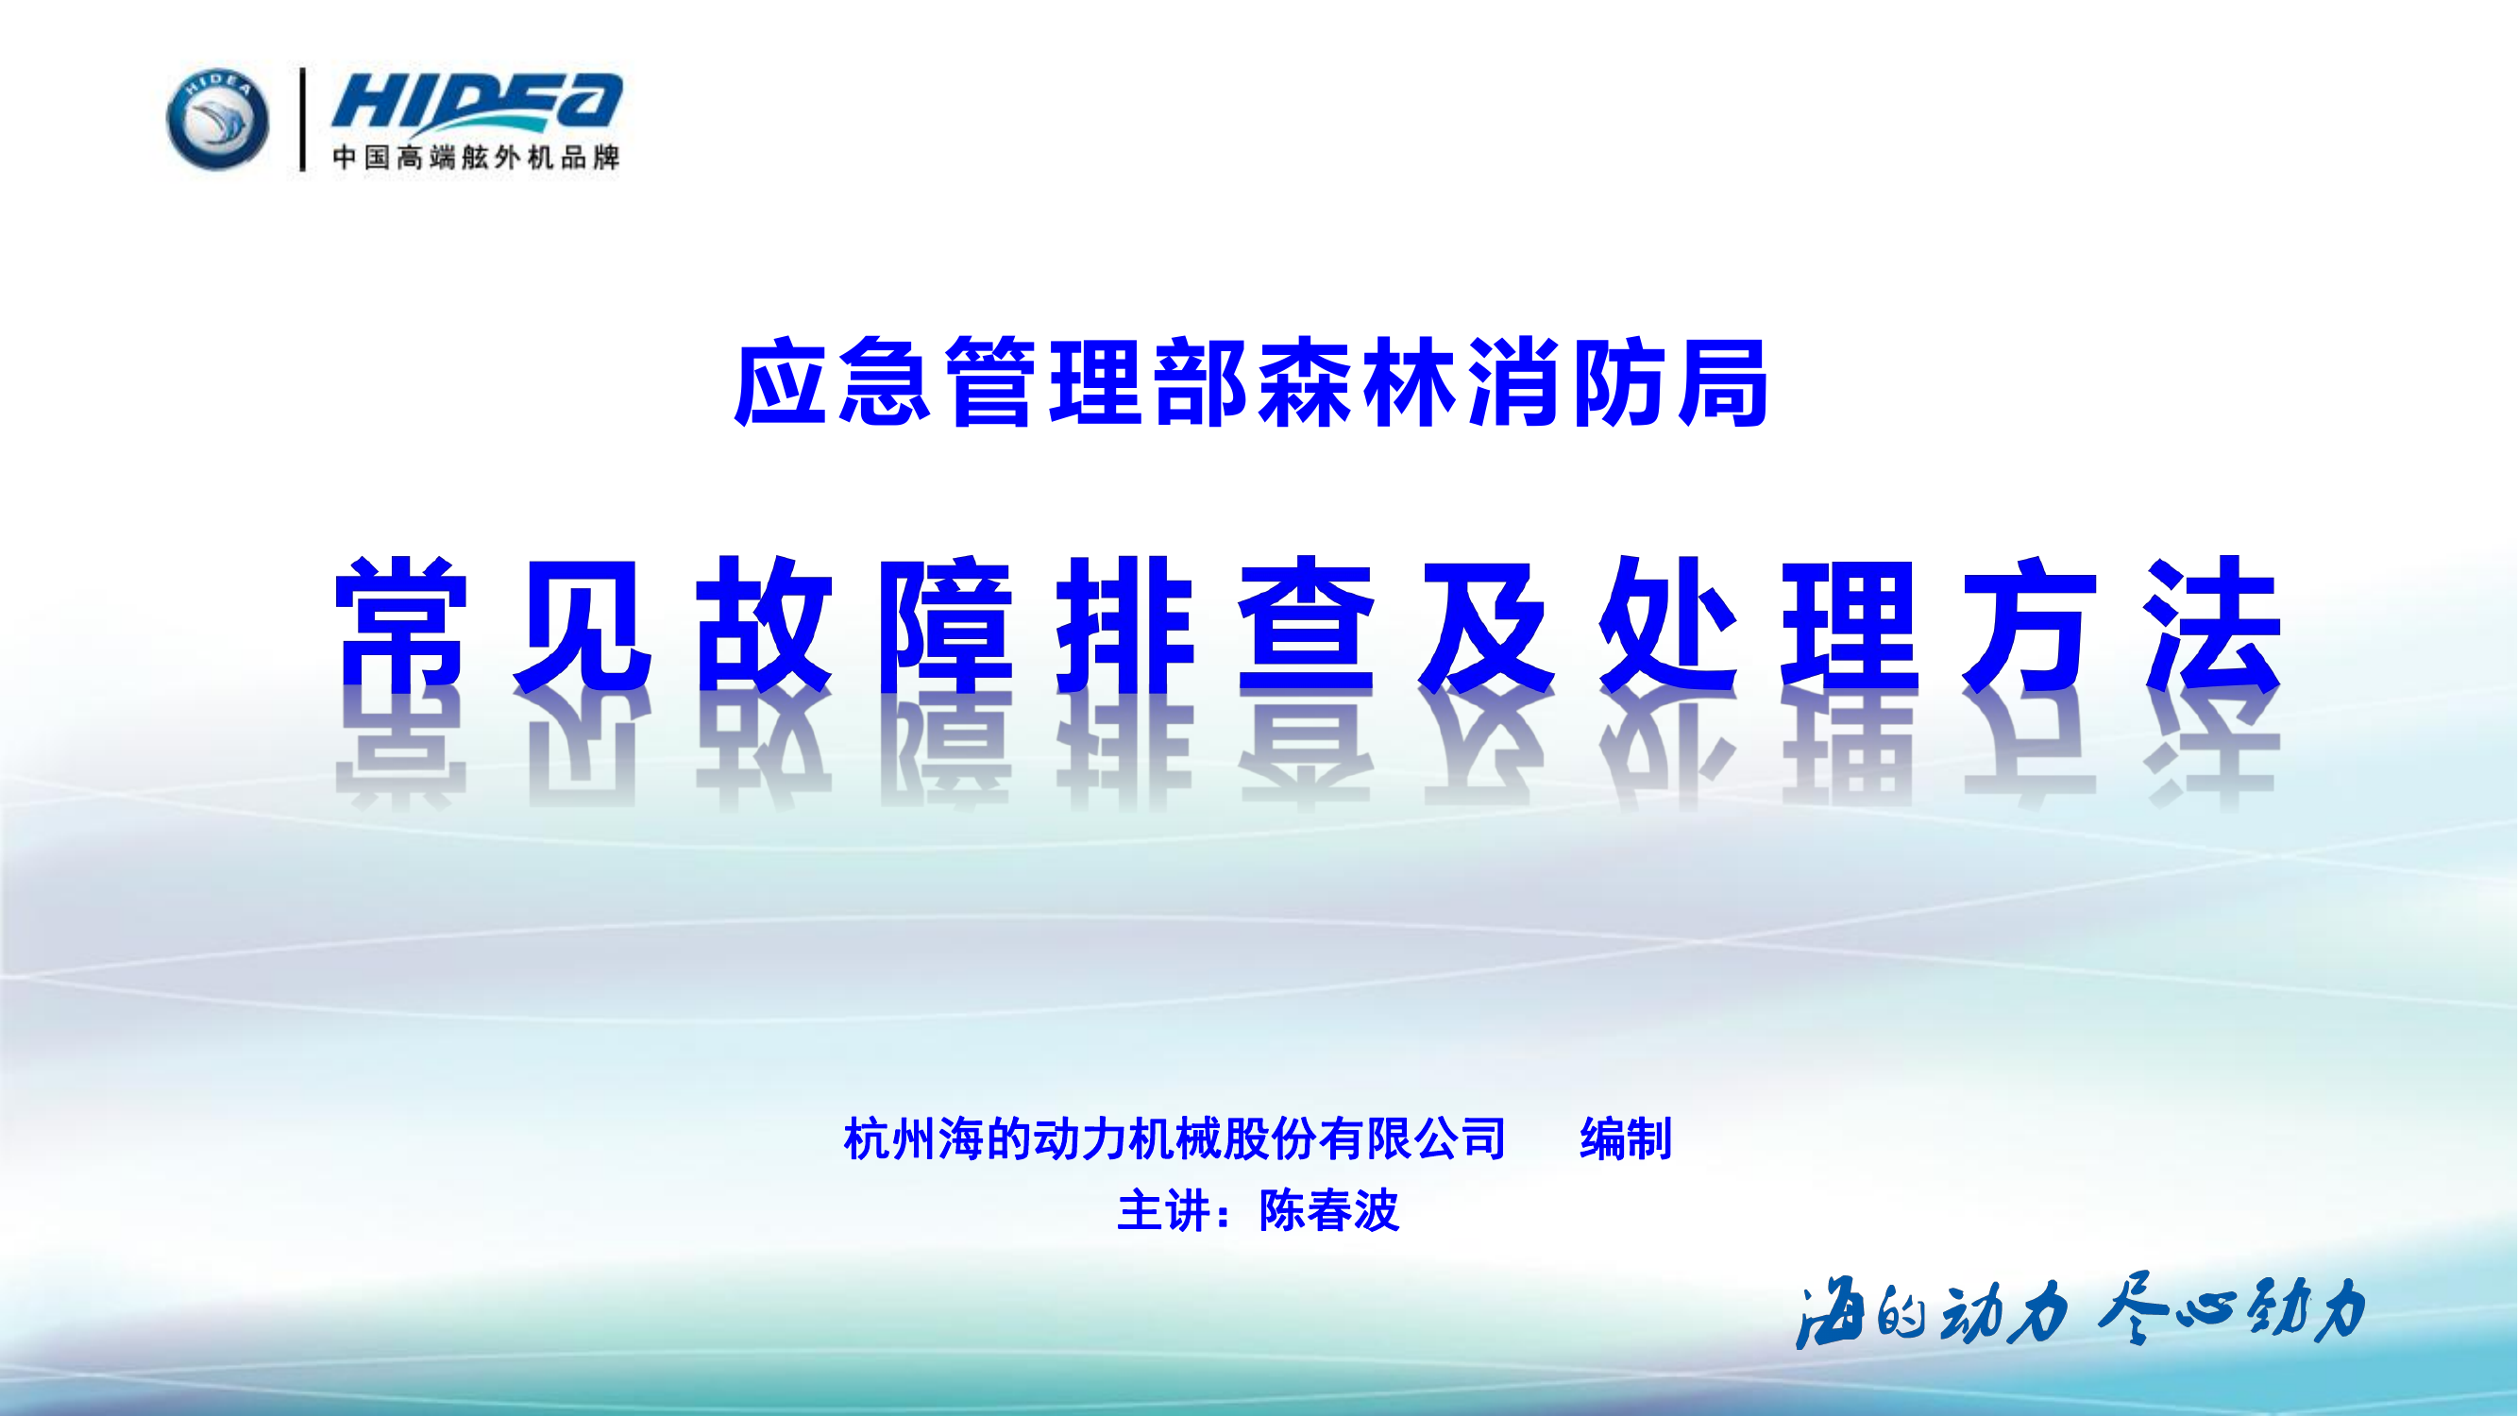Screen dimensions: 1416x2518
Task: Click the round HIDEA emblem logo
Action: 217,119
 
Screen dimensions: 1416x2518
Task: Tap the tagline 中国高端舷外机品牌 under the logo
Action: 476,158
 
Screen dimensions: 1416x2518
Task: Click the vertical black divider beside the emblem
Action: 303,119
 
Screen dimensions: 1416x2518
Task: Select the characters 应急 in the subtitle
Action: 832,383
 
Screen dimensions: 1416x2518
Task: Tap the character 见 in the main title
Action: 583,626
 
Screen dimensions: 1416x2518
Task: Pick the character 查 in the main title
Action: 1306,626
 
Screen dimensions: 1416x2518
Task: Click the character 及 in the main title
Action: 1487,626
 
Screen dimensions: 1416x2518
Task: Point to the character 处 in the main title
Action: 1667,626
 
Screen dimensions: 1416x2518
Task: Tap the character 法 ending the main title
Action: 2211,626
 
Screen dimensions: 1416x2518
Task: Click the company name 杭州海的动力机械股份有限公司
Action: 1174,1139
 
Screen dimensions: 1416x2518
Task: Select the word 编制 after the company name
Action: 1626,1139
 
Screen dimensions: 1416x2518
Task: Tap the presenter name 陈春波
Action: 1328,1212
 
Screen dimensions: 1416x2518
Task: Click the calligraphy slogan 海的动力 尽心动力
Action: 2080,1311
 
